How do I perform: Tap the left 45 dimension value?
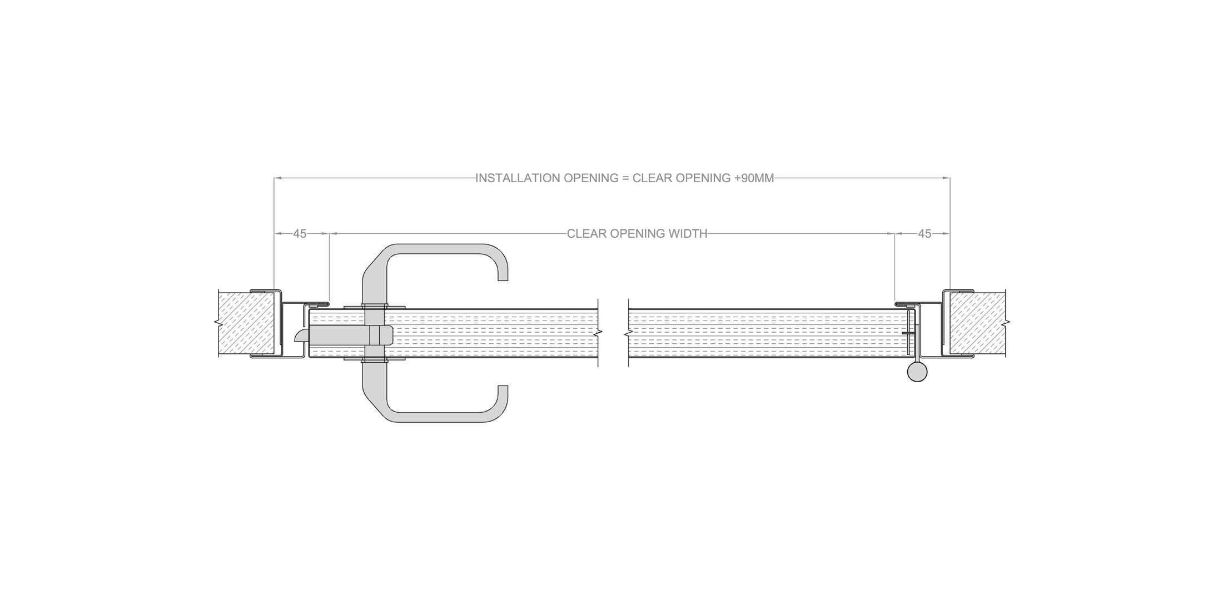pyautogui.click(x=300, y=234)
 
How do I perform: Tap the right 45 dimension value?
pyautogui.click(x=924, y=234)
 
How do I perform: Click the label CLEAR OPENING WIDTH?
pyautogui.click(x=637, y=234)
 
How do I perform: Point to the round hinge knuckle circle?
pyautogui.click(x=917, y=372)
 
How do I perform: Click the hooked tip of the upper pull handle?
pyautogui.click(x=503, y=274)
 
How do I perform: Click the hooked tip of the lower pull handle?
pyautogui.click(x=503, y=391)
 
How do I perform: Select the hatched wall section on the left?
pyautogui.click(x=246, y=324)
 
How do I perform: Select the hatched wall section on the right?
pyautogui.click(x=977, y=324)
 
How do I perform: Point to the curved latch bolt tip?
pyautogui.click(x=300, y=335)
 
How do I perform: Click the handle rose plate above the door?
pyautogui.click(x=375, y=307)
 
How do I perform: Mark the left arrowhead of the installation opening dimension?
pyautogui.click(x=278, y=178)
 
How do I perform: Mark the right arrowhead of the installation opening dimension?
pyautogui.click(x=947, y=178)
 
